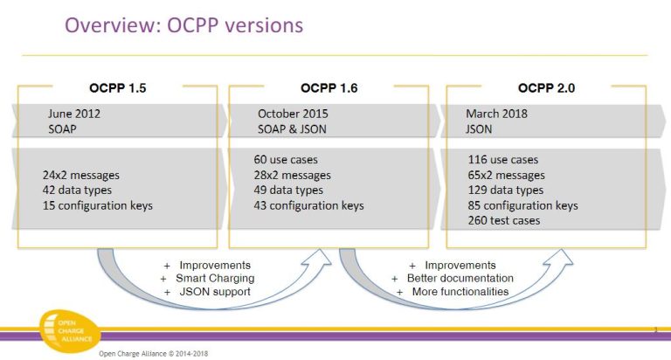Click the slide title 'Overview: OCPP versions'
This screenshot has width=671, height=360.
(184, 25)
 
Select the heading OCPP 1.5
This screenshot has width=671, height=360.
(118, 88)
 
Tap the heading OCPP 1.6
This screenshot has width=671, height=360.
(329, 88)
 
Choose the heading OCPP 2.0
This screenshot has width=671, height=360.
(546, 88)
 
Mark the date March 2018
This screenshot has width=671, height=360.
(496, 114)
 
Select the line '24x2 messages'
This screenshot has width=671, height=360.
(81, 175)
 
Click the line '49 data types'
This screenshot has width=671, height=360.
(290, 190)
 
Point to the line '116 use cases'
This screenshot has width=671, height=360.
(502, 160)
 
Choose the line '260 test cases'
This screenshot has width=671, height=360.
(502, 221)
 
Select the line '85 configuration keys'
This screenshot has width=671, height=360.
(522, 205)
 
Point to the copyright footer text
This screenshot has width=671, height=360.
(153, 354)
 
